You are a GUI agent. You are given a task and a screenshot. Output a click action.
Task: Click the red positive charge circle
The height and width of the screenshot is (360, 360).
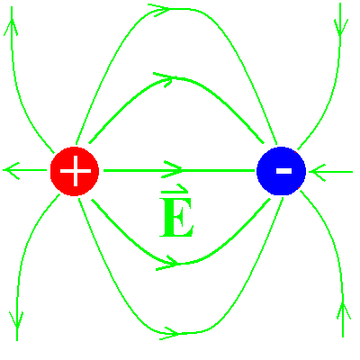point(75,171)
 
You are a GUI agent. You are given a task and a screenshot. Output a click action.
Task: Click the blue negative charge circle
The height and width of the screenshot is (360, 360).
point(281,171)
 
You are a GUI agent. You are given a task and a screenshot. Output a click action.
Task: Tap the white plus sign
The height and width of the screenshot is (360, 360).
point(76,171)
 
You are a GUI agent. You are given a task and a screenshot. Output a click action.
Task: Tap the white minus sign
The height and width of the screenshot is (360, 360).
point(283,171)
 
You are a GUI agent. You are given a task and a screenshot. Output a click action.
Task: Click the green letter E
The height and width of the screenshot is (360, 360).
point(176,218)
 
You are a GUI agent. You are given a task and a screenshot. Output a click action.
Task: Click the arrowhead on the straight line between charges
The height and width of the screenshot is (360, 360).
point(174,170)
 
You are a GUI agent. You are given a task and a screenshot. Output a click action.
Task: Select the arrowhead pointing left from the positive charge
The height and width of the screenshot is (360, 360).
point(11,171)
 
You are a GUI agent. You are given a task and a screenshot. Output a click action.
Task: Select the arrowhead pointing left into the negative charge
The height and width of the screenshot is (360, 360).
point(317,172)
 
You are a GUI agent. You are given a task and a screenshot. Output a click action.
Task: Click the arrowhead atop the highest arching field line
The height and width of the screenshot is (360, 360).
point(159,10)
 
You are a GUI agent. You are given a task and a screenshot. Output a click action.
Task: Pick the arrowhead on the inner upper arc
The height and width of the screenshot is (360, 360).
point(164,79)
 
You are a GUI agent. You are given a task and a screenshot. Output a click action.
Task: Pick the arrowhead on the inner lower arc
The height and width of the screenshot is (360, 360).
point(167,264)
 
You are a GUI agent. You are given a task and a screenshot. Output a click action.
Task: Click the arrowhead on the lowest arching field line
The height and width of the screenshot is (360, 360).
point(170,333)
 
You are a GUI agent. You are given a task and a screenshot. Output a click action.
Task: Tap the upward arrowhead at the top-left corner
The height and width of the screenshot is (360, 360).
point(12,27)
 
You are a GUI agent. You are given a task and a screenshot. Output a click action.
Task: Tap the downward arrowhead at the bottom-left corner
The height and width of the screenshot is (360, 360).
point(16,320)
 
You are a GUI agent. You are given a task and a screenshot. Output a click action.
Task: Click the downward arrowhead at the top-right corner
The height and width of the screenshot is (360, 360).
point(341,28)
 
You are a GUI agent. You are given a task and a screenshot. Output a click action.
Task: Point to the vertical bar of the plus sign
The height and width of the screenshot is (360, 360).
point(76,171)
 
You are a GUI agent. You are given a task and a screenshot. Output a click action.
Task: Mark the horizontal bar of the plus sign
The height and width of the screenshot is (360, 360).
point(76,171)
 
